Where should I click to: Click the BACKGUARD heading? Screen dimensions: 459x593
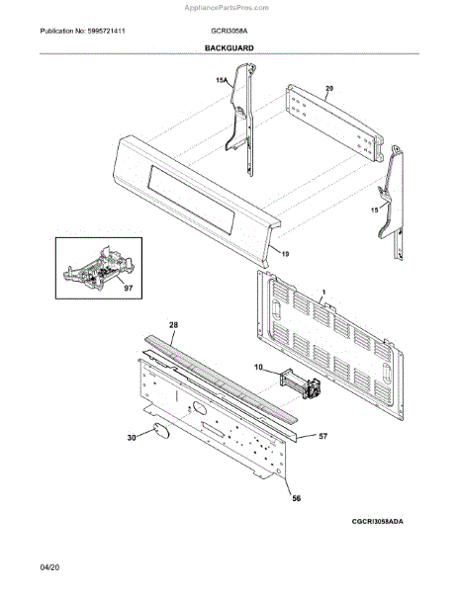click(x=229, y=48)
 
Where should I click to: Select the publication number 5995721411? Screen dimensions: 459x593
click(x=106, y=31)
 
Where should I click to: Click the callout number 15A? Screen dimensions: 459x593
click(x=222, y=80)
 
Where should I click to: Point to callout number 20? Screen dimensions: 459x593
click(x=329, y=88)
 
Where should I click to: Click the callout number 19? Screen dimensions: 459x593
click(x=285, y=254)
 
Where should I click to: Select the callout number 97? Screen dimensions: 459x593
click(x=129, y=289)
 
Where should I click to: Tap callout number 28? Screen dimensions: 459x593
click(x=174, y=325)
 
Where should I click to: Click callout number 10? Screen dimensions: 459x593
click(x=258, y=368)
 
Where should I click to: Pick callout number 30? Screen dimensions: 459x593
click(x=132, y=438)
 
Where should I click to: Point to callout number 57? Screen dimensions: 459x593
click(x=322, y=437)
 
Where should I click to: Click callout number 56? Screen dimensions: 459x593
click(x=297, y=498)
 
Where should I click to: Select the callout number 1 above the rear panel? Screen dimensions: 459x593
click(x=323, y=293)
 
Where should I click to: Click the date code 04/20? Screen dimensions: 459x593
click(x=49, y=567)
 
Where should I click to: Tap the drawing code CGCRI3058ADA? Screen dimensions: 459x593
click(x=378, y=521)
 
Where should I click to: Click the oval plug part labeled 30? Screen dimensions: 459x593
click(x=161, y=431)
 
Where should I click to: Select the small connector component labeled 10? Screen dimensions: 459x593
click(x=301, y=383)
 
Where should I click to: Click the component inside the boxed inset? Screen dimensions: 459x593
click(x=98, y=269)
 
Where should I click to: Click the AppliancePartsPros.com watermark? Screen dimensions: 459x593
click(x=227, y=8)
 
